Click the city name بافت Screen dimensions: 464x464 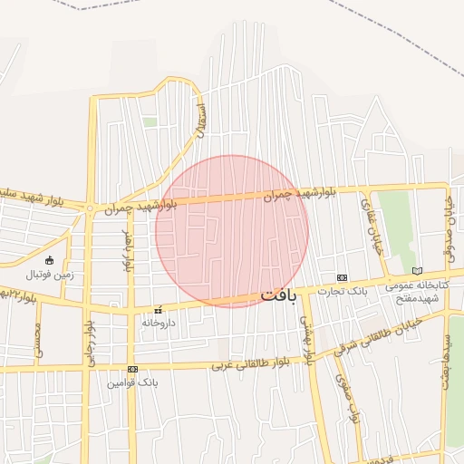point(278,295)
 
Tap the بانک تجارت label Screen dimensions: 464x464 point(341,290)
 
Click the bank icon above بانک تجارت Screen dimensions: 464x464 point(341,277)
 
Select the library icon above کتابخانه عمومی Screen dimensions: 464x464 point(417,270)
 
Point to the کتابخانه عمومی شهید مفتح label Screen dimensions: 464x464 point(412,291)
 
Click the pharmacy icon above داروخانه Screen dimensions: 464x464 point(158,309)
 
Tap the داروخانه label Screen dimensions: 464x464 point(156,322)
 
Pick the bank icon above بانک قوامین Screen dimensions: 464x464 point(133,369)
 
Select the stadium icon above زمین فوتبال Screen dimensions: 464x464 point(49,261)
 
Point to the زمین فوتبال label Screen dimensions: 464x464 point(49,275)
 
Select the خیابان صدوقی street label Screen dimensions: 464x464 point(448,227)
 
